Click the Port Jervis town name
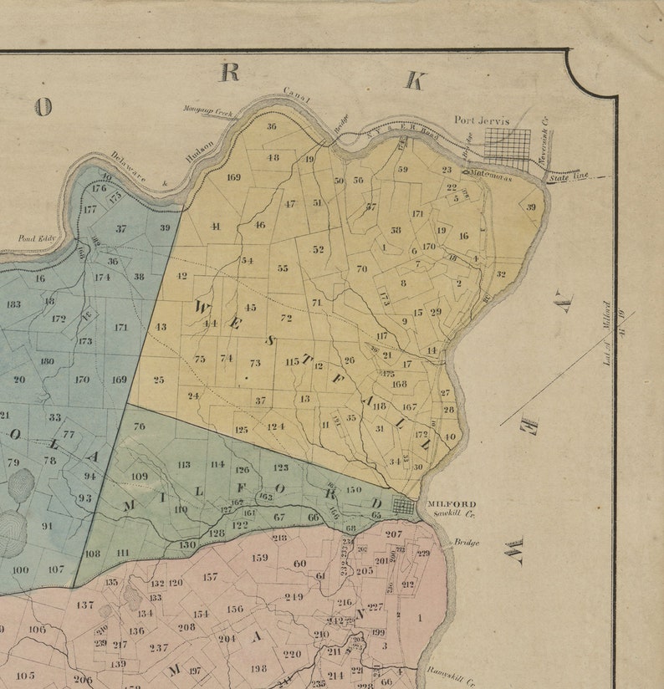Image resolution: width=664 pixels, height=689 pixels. coord(481,120)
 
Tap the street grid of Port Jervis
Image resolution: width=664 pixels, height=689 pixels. coord(508,147)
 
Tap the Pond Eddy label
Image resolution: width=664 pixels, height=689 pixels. coord(37,238)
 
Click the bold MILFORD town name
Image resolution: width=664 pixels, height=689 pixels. coord(452,503)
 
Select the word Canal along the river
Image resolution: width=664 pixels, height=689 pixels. coord(297,95)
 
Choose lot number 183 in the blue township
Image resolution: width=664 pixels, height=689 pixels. coord(13,304)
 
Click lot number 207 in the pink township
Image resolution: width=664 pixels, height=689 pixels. coord(393,533)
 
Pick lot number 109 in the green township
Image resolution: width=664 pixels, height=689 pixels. coord(140,477)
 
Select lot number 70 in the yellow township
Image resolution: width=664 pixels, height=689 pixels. coord(361,268)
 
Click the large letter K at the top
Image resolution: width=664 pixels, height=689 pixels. coord(415,80)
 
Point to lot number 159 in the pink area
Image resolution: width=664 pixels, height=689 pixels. coord(260,557)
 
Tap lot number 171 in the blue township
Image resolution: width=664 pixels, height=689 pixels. coord(121,327)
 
